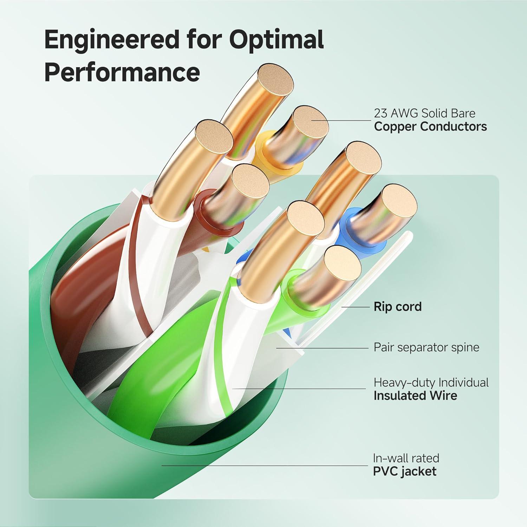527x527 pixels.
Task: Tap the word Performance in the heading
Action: coord(122,72)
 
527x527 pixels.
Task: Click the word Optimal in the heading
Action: coord(276,40)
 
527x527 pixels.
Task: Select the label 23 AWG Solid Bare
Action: coord(424,113)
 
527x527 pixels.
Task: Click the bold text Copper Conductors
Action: coord(430,126)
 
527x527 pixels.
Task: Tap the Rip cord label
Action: coord(397,307)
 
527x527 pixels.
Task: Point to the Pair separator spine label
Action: coord(426,347)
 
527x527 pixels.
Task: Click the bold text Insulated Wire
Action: coord(415,396)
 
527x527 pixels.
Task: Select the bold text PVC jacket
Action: coord(404,471)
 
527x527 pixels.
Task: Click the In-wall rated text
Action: coord(406,458)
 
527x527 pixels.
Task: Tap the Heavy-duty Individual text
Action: coord(431,382)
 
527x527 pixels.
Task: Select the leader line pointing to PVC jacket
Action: coord(263,466)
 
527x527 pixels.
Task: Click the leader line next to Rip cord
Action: coord(355,307)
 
